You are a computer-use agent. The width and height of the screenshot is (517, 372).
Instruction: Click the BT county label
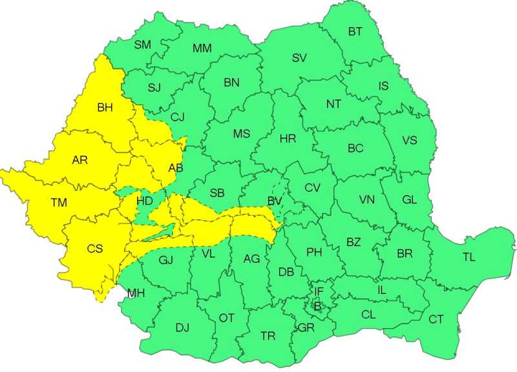click(x=355, y=32)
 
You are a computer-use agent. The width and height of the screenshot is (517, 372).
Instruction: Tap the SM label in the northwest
click(x=142, y=45)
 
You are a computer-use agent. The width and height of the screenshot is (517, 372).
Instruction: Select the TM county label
click(x=59, y=203)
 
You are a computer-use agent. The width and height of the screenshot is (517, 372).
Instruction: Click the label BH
click(x=104, y=108)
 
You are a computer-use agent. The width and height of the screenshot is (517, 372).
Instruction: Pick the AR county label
click(x=80, y=160)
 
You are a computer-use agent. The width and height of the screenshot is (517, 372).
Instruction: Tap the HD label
click(x=145, y=201)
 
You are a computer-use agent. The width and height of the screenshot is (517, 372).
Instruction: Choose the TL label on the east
click(x=469, y=257)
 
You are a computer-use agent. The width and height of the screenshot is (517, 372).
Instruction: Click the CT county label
click(x=436, y=319)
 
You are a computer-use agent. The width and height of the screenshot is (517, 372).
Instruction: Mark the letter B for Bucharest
click(x=317, y=306)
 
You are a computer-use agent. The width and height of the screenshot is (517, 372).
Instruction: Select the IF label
click(x=319, y=292)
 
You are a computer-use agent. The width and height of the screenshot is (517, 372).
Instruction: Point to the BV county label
click(x=275, y=201)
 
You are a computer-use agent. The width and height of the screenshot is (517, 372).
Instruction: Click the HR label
click(x=288, y=139)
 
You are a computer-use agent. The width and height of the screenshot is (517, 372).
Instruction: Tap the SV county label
click(x=299, y=57)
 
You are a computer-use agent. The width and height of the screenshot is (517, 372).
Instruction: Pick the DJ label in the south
click(x=182, y=327)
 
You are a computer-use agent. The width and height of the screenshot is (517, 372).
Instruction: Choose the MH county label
click(x=136, y=293)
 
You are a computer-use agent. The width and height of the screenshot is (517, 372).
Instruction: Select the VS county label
click(x=409, y=140)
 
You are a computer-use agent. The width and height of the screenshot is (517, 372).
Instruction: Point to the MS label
click(x=242, y=134)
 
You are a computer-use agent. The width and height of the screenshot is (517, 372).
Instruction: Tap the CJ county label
click(x=178, y=117)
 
